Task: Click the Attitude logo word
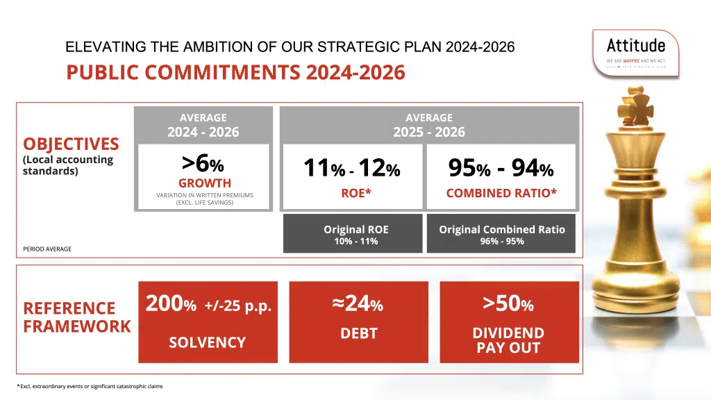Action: tap(635, 46)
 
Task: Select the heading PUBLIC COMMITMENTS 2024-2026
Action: tap(235, 73)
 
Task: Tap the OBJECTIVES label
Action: tap(71, 144)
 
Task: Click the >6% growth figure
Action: tap(203, 164)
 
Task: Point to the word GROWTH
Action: tap(205, 183)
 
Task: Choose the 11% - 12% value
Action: tap(351, 168)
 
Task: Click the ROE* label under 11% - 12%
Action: tap(353, 194)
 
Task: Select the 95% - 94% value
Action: tap(501, 168)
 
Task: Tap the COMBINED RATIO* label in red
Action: tap(501, 194)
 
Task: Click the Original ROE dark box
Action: tap(353, 234)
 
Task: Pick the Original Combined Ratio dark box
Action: tap(501, 234)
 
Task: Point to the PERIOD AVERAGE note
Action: tap(47, 249)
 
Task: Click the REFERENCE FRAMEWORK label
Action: tap(76, 317)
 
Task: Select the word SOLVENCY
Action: tap(208, 342)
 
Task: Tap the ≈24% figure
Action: tap(358, 304)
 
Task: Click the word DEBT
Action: tap(358, 334)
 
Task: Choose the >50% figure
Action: tap(508, 304)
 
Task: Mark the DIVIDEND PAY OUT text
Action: tap(508, 340)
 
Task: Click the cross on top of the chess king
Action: tap(635, 103)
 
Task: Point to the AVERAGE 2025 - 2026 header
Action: tap(428, 125)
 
